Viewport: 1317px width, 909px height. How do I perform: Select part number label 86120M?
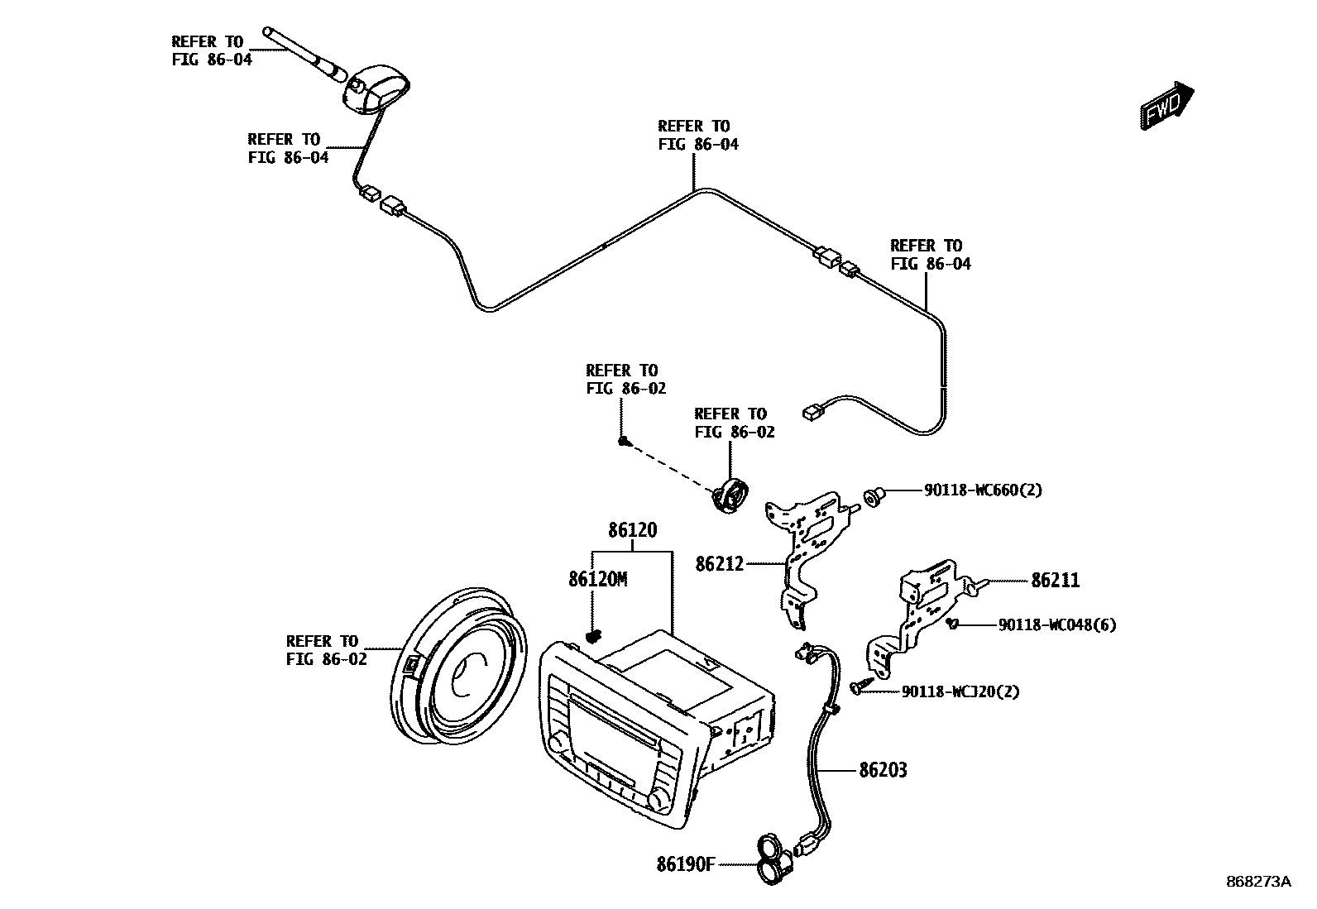[597, 580]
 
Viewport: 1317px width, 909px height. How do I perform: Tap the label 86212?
[719, 564]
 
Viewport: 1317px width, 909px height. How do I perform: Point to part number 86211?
[1055, 581]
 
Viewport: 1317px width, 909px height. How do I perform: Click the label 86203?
[883, 771]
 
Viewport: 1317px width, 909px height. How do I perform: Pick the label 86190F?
[685, 864]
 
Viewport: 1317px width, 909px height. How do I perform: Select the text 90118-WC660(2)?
[983, 490]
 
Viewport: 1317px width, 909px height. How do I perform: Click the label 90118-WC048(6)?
[1056, 625]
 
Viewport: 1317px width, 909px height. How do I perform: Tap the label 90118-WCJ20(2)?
[960, 691]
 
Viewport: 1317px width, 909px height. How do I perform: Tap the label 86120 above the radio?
[633, 530]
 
